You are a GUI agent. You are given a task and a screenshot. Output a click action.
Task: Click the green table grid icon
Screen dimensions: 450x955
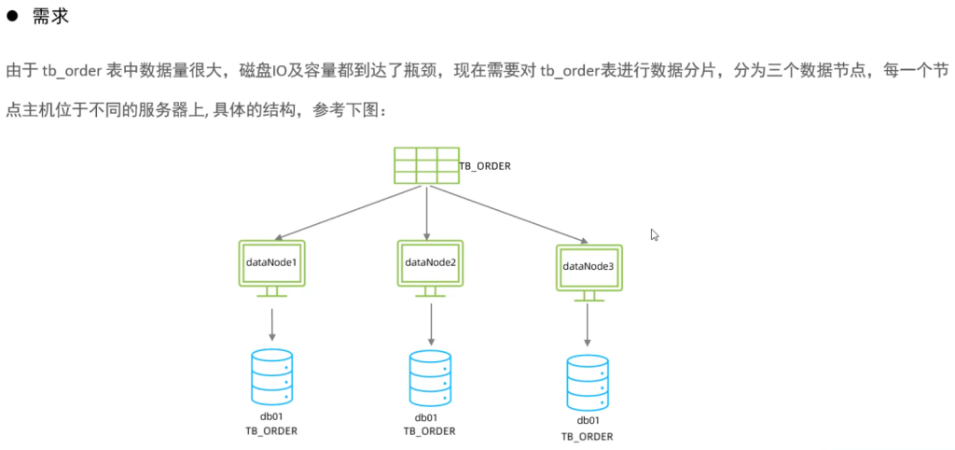(426, 165)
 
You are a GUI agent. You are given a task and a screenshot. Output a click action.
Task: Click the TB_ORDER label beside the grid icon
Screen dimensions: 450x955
(485, 166)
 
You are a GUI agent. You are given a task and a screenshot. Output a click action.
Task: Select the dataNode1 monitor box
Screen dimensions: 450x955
(271, 263)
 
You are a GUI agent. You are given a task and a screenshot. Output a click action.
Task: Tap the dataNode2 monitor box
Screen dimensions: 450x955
(430, 262)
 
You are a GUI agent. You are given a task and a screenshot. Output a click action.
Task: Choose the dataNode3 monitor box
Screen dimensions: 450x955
(588, 267)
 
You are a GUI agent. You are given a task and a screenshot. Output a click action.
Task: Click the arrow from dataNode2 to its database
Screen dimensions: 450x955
(431, 323)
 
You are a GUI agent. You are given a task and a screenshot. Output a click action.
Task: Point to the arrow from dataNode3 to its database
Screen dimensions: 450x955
(588, 327)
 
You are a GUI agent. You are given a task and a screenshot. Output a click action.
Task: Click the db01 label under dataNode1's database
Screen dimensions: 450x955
(272, 416)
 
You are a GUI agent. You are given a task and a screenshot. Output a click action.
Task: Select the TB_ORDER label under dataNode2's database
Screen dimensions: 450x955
(430, 431)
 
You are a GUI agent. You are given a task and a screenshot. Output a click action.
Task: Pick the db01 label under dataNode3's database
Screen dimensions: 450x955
(588, 423)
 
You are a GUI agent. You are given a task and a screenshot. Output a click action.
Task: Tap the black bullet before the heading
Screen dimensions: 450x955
(15, 17)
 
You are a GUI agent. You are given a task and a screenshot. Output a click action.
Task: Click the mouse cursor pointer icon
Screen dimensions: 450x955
(656, 235)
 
